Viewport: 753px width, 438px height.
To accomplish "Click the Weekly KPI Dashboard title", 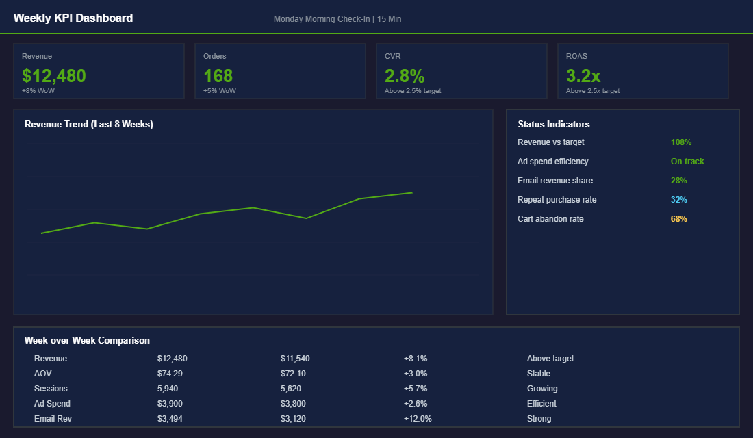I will tap(73, 18).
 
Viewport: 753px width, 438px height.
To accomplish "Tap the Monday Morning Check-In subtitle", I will tap(337, 19).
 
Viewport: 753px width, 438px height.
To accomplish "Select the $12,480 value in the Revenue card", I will tap(54, 75).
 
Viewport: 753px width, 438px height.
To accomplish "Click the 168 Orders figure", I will tap(218, 75).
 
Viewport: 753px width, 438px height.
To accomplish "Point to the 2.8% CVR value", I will tap(405, 75).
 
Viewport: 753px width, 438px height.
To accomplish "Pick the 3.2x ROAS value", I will tap(583, 75).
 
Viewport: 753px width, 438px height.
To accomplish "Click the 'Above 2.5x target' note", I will tap(593, 91).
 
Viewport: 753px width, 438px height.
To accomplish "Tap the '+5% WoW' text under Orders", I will tap(220, 91).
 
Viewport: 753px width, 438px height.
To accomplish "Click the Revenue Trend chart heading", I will tap(89, 125).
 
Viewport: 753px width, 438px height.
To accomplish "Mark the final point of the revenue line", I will tap(412, 192).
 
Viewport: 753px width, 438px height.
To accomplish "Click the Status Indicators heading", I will tap(554, 125).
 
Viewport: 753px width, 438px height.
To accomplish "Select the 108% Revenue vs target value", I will tap(681, 142).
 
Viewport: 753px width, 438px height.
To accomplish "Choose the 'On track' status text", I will tap(687, 162).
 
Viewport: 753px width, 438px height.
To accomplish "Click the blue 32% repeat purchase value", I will tap(679, 200).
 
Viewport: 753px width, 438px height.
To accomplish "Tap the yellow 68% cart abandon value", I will tap(679, 219).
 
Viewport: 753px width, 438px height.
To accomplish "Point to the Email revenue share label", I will tap(555, 181).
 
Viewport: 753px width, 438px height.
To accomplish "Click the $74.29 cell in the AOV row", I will tap(170, 374).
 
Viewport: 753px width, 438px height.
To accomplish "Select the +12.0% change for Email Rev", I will tap(418, 419).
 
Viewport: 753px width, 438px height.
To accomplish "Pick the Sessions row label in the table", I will tap(51, 389).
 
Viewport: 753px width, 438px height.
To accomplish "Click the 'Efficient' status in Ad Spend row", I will tap(541, 404).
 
